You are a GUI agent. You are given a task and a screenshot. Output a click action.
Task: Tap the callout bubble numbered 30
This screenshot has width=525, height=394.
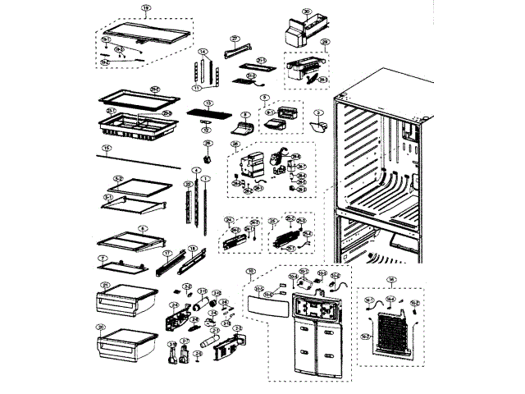pos(307,12)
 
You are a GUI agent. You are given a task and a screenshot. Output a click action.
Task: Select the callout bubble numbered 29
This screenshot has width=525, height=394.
pos(325,42)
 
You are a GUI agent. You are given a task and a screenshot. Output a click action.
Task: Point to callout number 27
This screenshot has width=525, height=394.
pos(234,39)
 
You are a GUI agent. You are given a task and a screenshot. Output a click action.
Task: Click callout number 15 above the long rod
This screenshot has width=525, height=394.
pos(105,149)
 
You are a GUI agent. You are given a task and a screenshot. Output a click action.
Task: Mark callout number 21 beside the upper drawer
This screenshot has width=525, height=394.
pos(104,285)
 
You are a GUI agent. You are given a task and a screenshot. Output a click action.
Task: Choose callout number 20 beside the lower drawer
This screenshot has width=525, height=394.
pos(100,327)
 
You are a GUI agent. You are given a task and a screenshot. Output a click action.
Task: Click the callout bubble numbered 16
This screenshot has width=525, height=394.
pos(392,279)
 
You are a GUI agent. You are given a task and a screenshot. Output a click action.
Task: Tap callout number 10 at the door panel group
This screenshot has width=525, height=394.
pos(251,271)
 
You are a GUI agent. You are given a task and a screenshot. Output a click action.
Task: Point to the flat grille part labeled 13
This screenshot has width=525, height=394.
pos(208,115)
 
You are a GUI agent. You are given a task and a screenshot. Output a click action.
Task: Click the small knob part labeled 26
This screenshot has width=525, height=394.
pos(206,157)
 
